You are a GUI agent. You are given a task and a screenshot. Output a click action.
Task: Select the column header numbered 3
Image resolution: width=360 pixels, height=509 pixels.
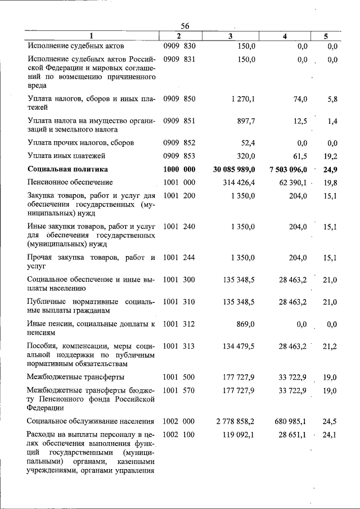pyautogui.click(x=231, y=36)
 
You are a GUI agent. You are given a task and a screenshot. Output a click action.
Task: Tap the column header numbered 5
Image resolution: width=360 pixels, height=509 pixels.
pyautogui.click(x=326, y=36)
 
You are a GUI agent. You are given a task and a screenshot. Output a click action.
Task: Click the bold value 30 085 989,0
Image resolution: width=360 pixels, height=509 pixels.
pyautogui.click(x=227, y=169)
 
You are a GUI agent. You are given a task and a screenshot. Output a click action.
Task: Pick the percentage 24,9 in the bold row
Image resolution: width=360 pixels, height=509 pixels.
pyautogui.click(x=329, y=169)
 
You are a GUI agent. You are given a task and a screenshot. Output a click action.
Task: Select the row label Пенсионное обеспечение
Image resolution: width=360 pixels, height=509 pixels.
pyautogui.click(x=70, y=182)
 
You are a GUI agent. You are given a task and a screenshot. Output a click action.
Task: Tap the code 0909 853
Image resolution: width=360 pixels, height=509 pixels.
pyautogui.click(x=179, y=156)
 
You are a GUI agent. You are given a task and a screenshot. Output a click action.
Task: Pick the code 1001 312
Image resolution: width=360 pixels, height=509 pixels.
pyautogui.click(x=179, y=324)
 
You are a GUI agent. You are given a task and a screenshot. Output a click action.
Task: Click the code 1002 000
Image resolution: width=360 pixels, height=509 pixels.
pyautogui.click(x=179, y=421)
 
